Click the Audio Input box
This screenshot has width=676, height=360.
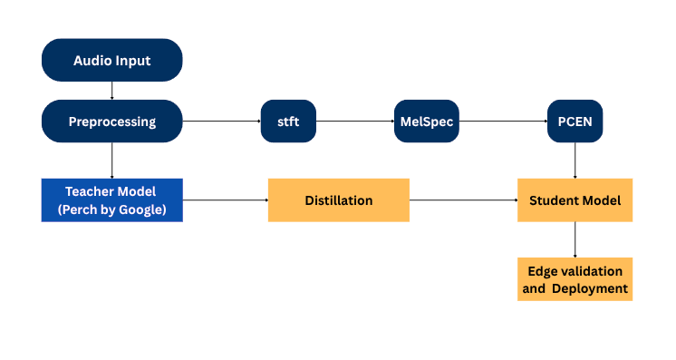[x=111, y=61]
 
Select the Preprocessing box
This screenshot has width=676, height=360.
[x=111, y=122]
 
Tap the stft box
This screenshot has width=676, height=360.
[x=287, y=122]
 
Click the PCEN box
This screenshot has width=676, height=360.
[x=575, y=122]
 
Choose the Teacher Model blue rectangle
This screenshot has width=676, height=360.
[x=111, y=200]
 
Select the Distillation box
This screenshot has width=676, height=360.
[x=338, y=200]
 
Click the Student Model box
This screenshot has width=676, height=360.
[x=575, y=200]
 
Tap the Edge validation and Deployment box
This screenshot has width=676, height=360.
[x=575, y=279]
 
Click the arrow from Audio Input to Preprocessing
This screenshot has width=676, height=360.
[x=111, y=91]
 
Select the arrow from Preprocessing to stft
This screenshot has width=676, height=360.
[x=221, y=122]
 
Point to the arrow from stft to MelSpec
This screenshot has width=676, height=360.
[x=354, y=122]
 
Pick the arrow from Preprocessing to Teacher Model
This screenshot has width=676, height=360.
[x=111, y=161]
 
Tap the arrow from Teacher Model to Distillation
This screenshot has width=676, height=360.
[x=225, y=200]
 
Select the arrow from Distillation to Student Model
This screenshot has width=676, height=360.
[x=463, y=200]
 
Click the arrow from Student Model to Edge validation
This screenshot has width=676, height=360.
[x=575, y=239]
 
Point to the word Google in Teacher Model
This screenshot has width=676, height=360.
[x=145, y=209]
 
